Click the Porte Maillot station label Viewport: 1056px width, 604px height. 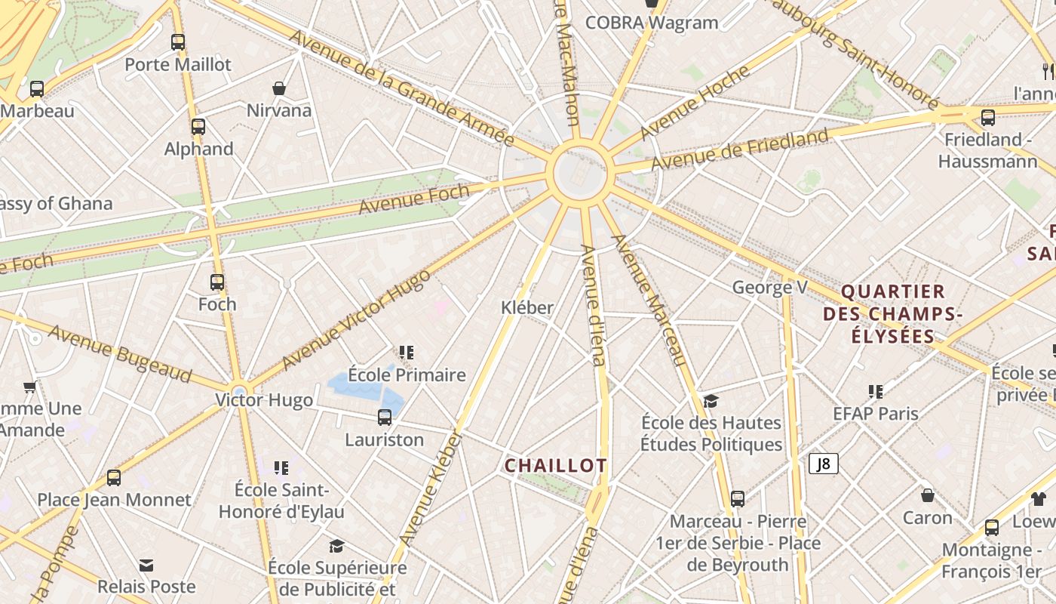pyautogui.click(x=178, y=65)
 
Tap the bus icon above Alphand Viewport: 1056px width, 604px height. pyautogui.click(x=198, y=126)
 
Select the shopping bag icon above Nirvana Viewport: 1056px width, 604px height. pyautogui.click(x=279, y=88)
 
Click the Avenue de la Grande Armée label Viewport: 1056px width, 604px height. pyautogui.click(x=401, y=88)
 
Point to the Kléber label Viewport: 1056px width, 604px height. pyautogui.click(x=527, y=308)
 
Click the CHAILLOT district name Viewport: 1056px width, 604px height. pyautogui.click(x=555, y=466)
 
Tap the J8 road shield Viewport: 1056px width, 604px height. pyautogui.click(x=823, y=464)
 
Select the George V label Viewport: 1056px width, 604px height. pyautogui.click(x=769, y=288)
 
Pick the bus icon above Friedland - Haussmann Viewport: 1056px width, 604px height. pyautogui.click(x=987, y=117)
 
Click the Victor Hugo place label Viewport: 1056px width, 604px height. pyautogui.click(x=264, y=400)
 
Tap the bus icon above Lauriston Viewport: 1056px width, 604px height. pyautogui.click(x=385, y=417)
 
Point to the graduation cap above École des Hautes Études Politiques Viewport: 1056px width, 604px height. pyautogui.click(x=711, y=400)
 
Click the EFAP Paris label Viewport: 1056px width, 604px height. pyautogui.click(x=876, y=414)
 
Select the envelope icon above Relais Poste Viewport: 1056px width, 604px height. pyautogui.click(x=146, y=565)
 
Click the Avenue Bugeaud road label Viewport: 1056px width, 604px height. pyautogui.click(x=120, y=353)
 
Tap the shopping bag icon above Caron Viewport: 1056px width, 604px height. pyautogui.click(x=928, y=495)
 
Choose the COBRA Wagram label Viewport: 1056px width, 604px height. pyautogui.click(x=652, y=23)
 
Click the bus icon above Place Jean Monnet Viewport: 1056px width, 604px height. pyautogui.click(x=114, y=477)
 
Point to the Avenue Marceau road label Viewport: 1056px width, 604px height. pyautogui.click(x=649, y=300)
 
